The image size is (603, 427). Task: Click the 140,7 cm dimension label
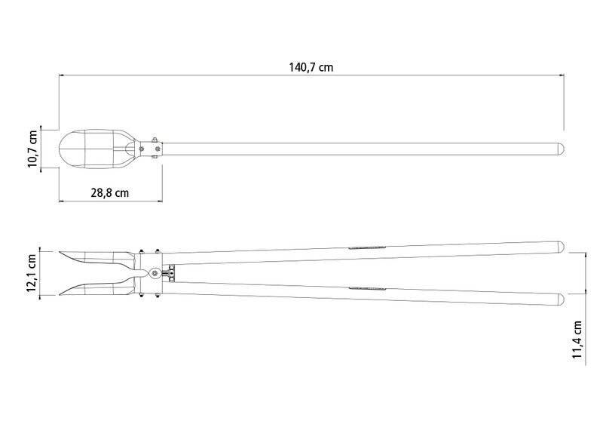311,67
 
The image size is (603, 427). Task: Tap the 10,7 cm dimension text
32,149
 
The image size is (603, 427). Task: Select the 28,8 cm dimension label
110,192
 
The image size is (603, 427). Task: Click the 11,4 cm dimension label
577,340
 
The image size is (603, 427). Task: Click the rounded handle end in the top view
561,149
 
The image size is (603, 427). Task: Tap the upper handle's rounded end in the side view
561,247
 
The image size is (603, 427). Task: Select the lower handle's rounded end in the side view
561,300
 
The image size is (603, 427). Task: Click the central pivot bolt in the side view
155,273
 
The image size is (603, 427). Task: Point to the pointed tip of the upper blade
60,252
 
